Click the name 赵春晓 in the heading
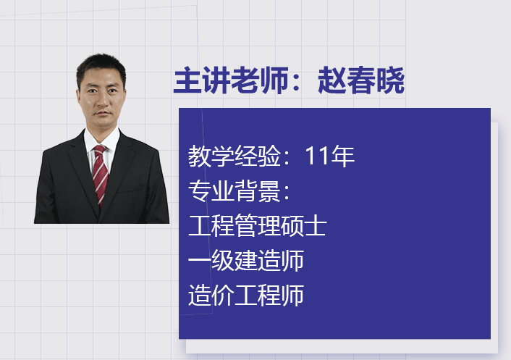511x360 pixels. (x=361, y=80)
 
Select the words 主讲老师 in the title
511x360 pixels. (x=231, y=80)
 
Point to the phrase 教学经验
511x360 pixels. (x=234, y=156)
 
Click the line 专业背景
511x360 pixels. (x=239, y=191)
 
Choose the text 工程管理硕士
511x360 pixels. (x=257, y=225)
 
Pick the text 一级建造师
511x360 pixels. (x=245, y=260)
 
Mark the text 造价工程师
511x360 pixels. (x=245, y=295)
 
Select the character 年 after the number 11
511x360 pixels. (x=343, y=156)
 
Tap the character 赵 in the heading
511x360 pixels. (x=332, y=80)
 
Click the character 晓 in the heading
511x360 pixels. (x=390, y=80)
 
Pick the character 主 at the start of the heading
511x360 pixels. (x=187, y=80)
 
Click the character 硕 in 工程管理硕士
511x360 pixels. (x=292, y=225)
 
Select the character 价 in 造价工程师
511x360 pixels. (x=223, y=295)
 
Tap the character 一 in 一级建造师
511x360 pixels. (x=200, y=260)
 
